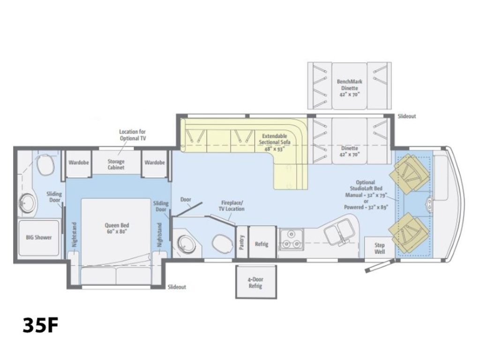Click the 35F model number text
tap(40, 324)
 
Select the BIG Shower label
tap(39, 237)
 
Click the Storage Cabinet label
tap(116, 164)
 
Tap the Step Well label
tap(379, 248)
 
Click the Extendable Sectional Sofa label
tap(276, 142)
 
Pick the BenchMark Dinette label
tap(350, 88)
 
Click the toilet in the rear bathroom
tap(45, 165)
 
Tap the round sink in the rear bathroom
tap(27, 203)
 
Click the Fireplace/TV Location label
tap(232, 206)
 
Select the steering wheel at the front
tap(429, 203)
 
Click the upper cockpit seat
tap(411, 173)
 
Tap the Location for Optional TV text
tap(132, 135)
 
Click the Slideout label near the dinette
tap(406, 116)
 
